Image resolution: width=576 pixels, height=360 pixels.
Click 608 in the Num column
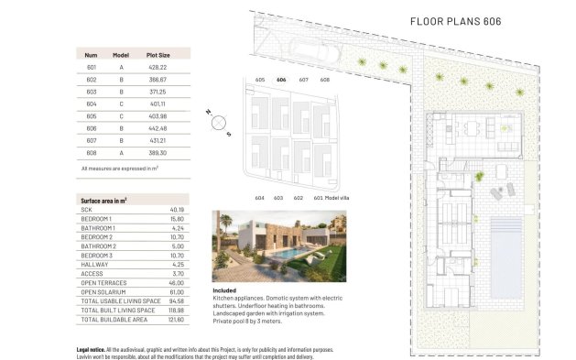92,155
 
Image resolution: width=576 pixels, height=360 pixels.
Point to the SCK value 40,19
178,211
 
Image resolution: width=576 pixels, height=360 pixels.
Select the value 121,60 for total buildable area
178,319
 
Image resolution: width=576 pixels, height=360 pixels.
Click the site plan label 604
260,197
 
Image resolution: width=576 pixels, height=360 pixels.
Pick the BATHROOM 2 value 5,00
178,246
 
